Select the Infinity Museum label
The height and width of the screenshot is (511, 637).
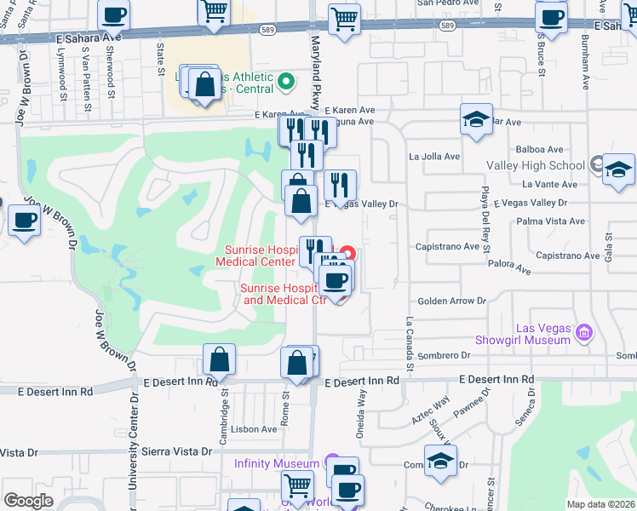(x=277, y=463)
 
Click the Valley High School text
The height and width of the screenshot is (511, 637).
(x=535, y=166)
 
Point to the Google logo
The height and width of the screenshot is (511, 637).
(x=28, y=501)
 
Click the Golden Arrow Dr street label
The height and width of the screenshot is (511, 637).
(x=450, y=301)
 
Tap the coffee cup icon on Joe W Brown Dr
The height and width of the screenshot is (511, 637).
(x=23, y=221)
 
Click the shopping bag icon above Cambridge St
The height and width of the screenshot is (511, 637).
(x=219, y=359)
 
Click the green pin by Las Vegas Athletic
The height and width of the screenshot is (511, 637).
(x=286, y=83)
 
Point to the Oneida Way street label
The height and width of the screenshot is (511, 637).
(x=361, y=409)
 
